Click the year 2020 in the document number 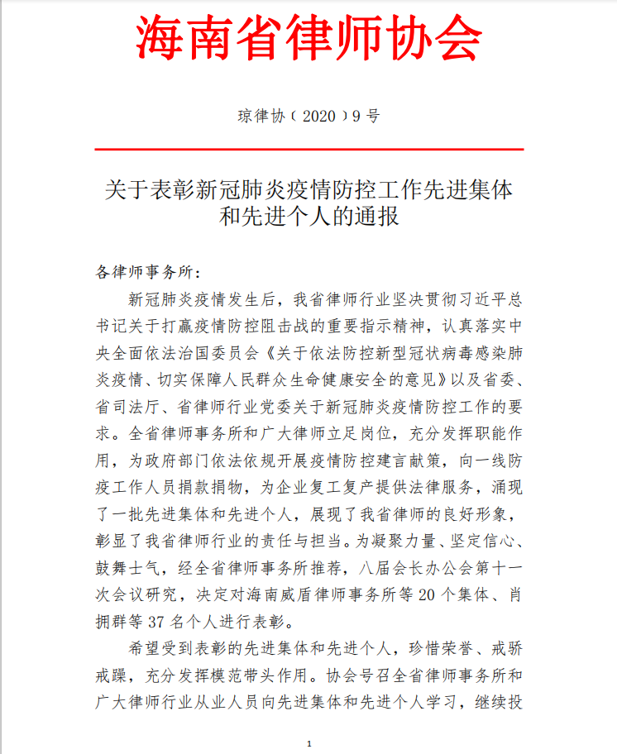tap(318, 116)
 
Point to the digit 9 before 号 tap(357, 116)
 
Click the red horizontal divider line tap(308, 150)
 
